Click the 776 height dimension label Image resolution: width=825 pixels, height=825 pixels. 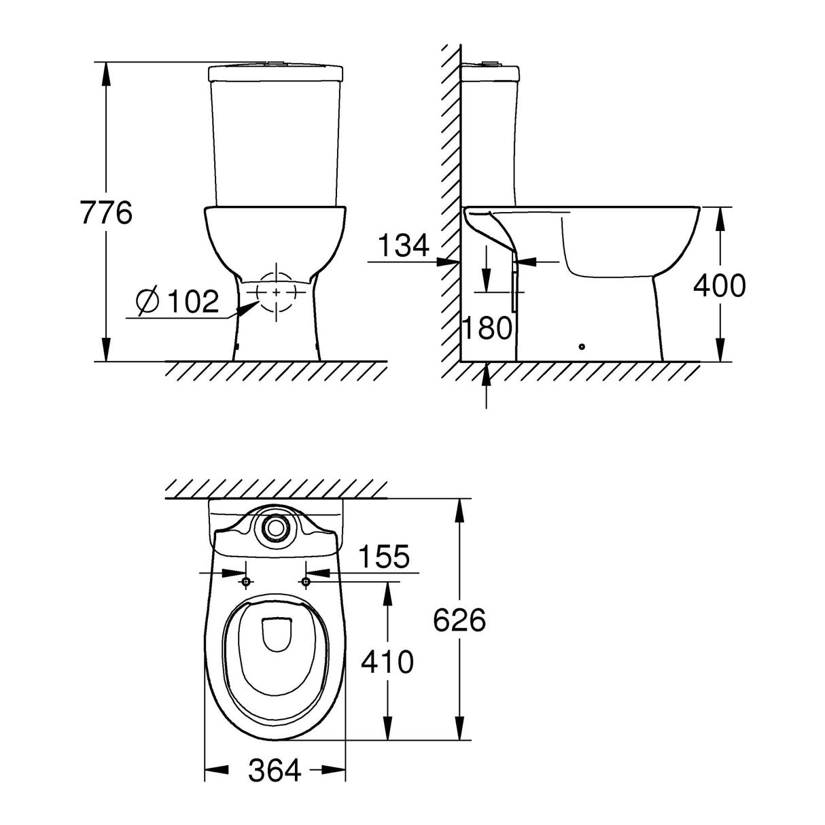click(x=106, y=213)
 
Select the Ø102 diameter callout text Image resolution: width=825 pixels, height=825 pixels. click(x=177, y=301)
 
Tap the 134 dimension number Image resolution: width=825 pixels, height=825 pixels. click(x=404, y=245)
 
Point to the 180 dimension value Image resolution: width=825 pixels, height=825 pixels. click(x=487, y=328)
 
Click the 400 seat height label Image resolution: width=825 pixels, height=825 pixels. click(x=719, y=286)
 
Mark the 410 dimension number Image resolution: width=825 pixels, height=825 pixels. click(x=387, y=661)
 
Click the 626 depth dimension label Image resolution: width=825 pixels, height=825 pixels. click(x=460, y=620)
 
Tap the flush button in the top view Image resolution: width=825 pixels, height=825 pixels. click(x=276, y=526)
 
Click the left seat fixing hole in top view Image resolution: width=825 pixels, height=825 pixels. click(x=246, y=581)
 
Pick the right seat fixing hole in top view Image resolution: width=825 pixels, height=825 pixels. click(x=306, y=581)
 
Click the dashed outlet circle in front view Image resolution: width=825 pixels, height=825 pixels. click(x=277, y=292)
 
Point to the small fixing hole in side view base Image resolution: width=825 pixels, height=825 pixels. click(x=581, y=347)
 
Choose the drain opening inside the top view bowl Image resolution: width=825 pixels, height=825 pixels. click(x=276, y=632)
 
